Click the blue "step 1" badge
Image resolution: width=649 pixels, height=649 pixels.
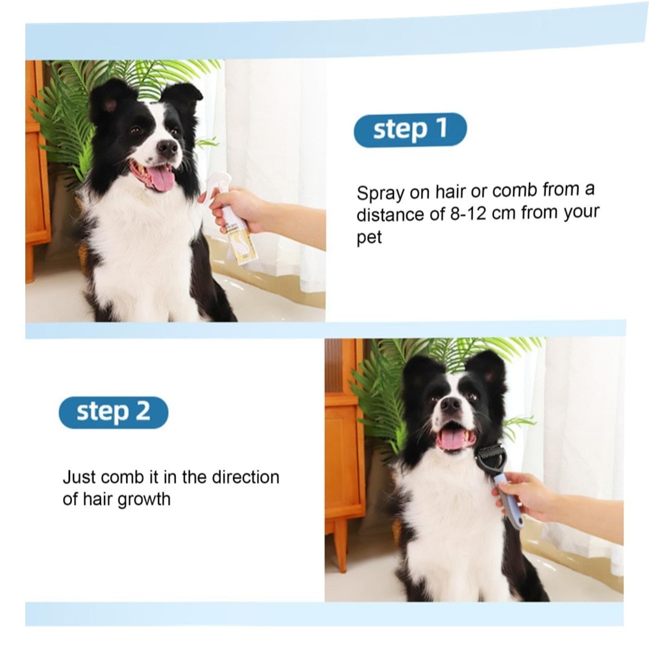click(x=410, y=130)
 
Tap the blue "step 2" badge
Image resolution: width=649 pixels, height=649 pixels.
click(x=114, y=412)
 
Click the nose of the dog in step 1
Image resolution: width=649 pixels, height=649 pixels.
click(x=167, y=147)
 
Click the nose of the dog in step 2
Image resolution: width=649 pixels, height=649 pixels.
click(x=450, y=404)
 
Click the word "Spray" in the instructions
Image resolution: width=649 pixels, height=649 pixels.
click(x=380, y=193)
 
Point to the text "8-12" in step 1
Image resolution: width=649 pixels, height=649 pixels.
click(x=468, y=214)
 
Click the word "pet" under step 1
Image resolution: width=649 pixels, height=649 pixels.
click(x=369, y=238)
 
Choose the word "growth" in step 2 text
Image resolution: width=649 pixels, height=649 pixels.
click(x=144, y=500)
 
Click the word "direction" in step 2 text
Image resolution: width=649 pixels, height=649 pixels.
click(x=245, y=477)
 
